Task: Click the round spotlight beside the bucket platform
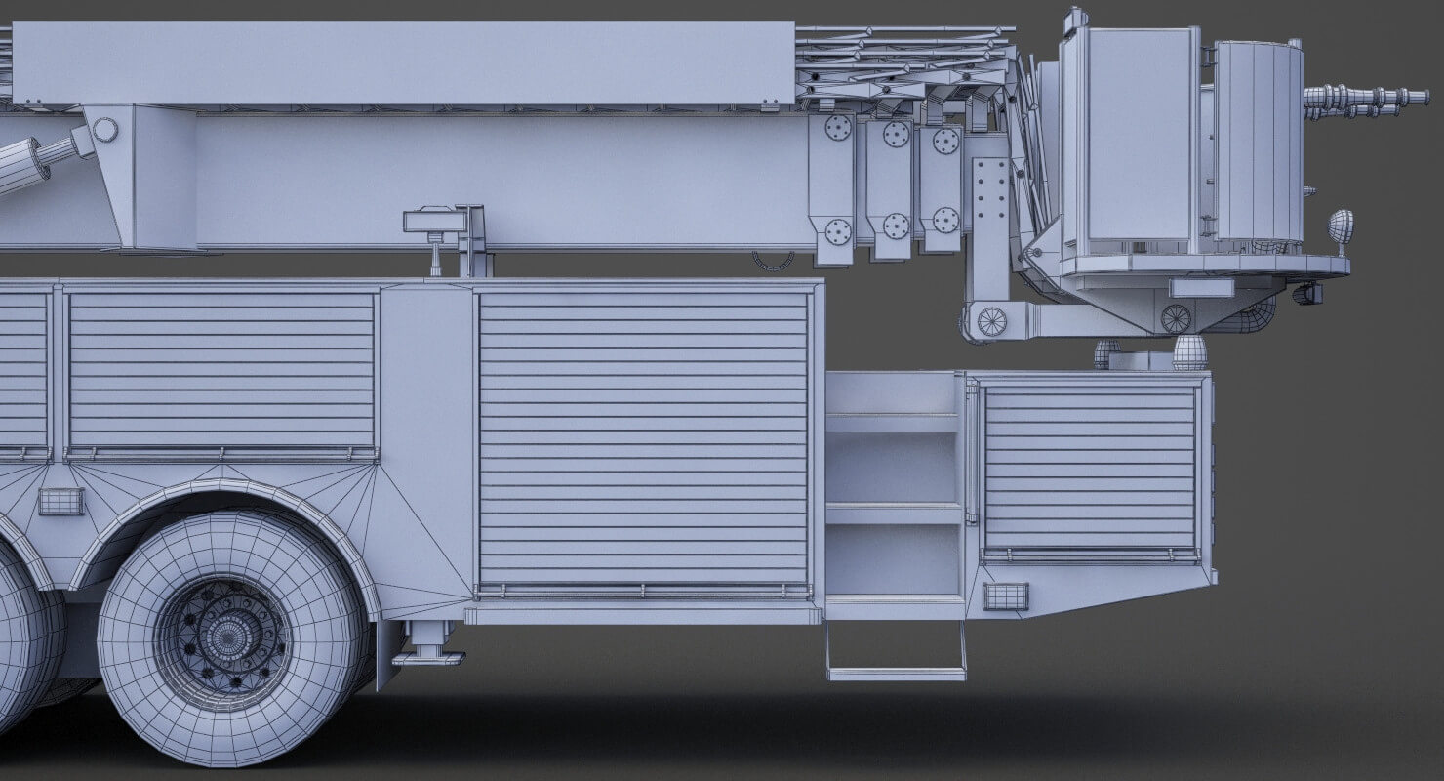1341,226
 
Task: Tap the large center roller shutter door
644,439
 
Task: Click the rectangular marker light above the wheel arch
60,501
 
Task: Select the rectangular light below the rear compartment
1006,596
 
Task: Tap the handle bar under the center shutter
644,590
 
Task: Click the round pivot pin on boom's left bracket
105,130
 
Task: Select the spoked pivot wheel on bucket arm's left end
991,321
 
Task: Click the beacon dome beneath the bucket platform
1189,351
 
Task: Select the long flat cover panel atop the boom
403,63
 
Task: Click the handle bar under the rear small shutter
1090,555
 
